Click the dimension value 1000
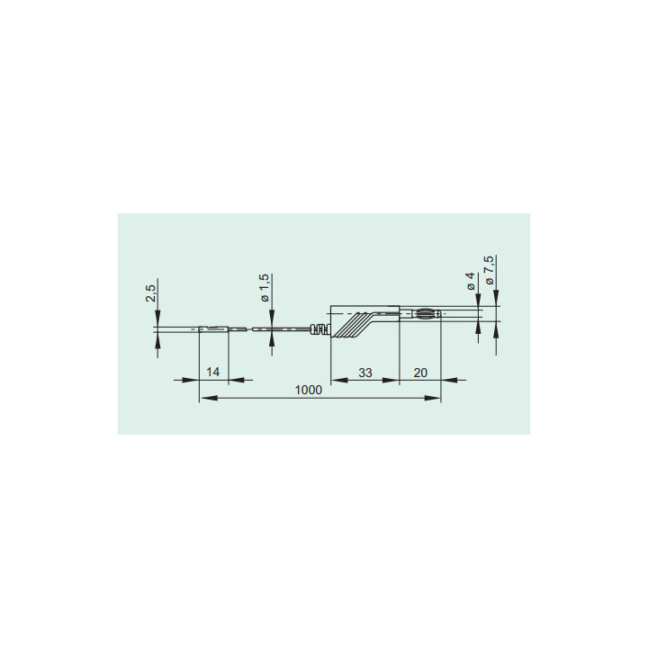[x=309, y=390]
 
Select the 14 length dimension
[x=212, y=372]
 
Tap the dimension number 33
[x=365, y=373]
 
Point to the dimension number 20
[x=420, y=373]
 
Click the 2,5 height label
[x=151, y=293]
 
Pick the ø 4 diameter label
[x=471, y=281]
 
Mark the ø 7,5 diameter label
[x=490, y=270]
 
